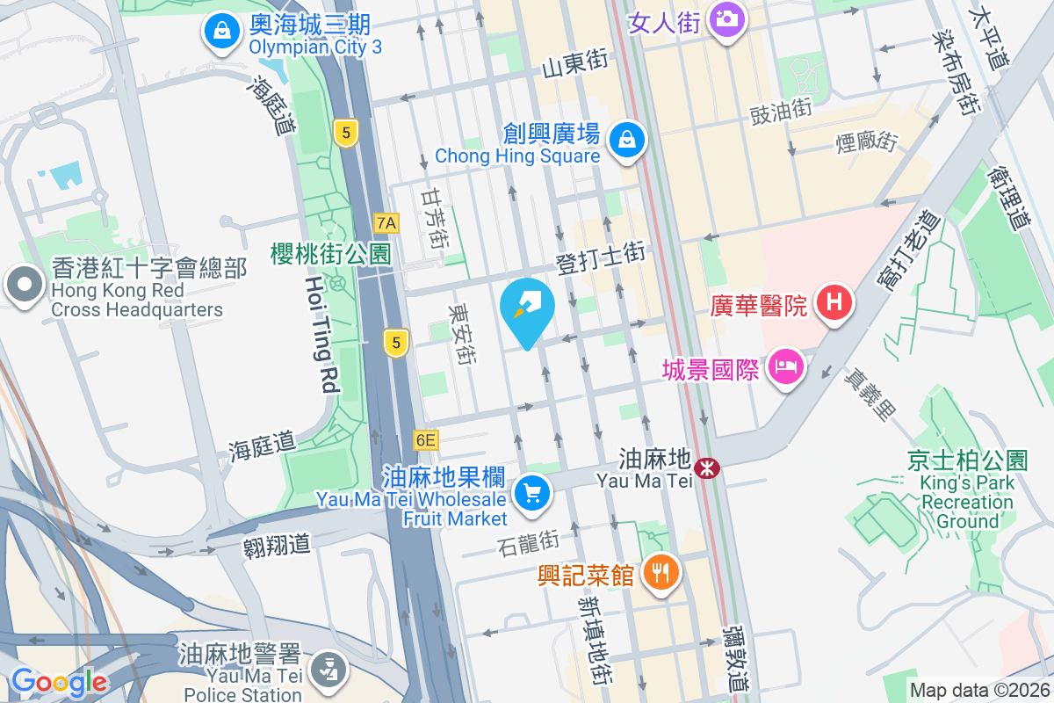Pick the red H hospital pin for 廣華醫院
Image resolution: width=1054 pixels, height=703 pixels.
coord(834,303)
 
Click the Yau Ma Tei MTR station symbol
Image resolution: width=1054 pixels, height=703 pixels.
coord(705,468)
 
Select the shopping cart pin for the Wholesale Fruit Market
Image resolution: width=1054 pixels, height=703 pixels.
coord(531,492)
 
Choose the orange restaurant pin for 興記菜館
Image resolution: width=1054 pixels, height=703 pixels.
coord(661,573)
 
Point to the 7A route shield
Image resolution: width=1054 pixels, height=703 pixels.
coord(385,223)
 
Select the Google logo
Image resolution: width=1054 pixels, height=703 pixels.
coord(59,682)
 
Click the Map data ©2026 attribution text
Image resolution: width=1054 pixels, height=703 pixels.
coord(978,691)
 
